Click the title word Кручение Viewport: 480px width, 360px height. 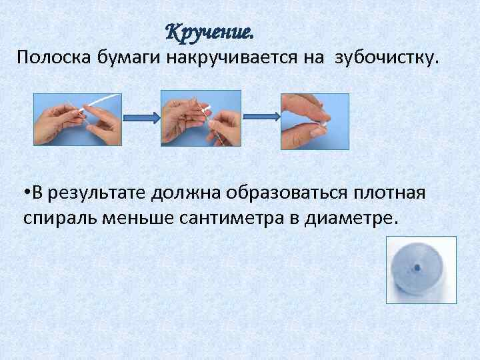[x=209, y=31]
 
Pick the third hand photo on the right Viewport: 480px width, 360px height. [x=315, y=121]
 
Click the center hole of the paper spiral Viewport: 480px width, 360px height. [x=416, y=268]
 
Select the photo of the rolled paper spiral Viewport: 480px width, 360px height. [x=421, y=269]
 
